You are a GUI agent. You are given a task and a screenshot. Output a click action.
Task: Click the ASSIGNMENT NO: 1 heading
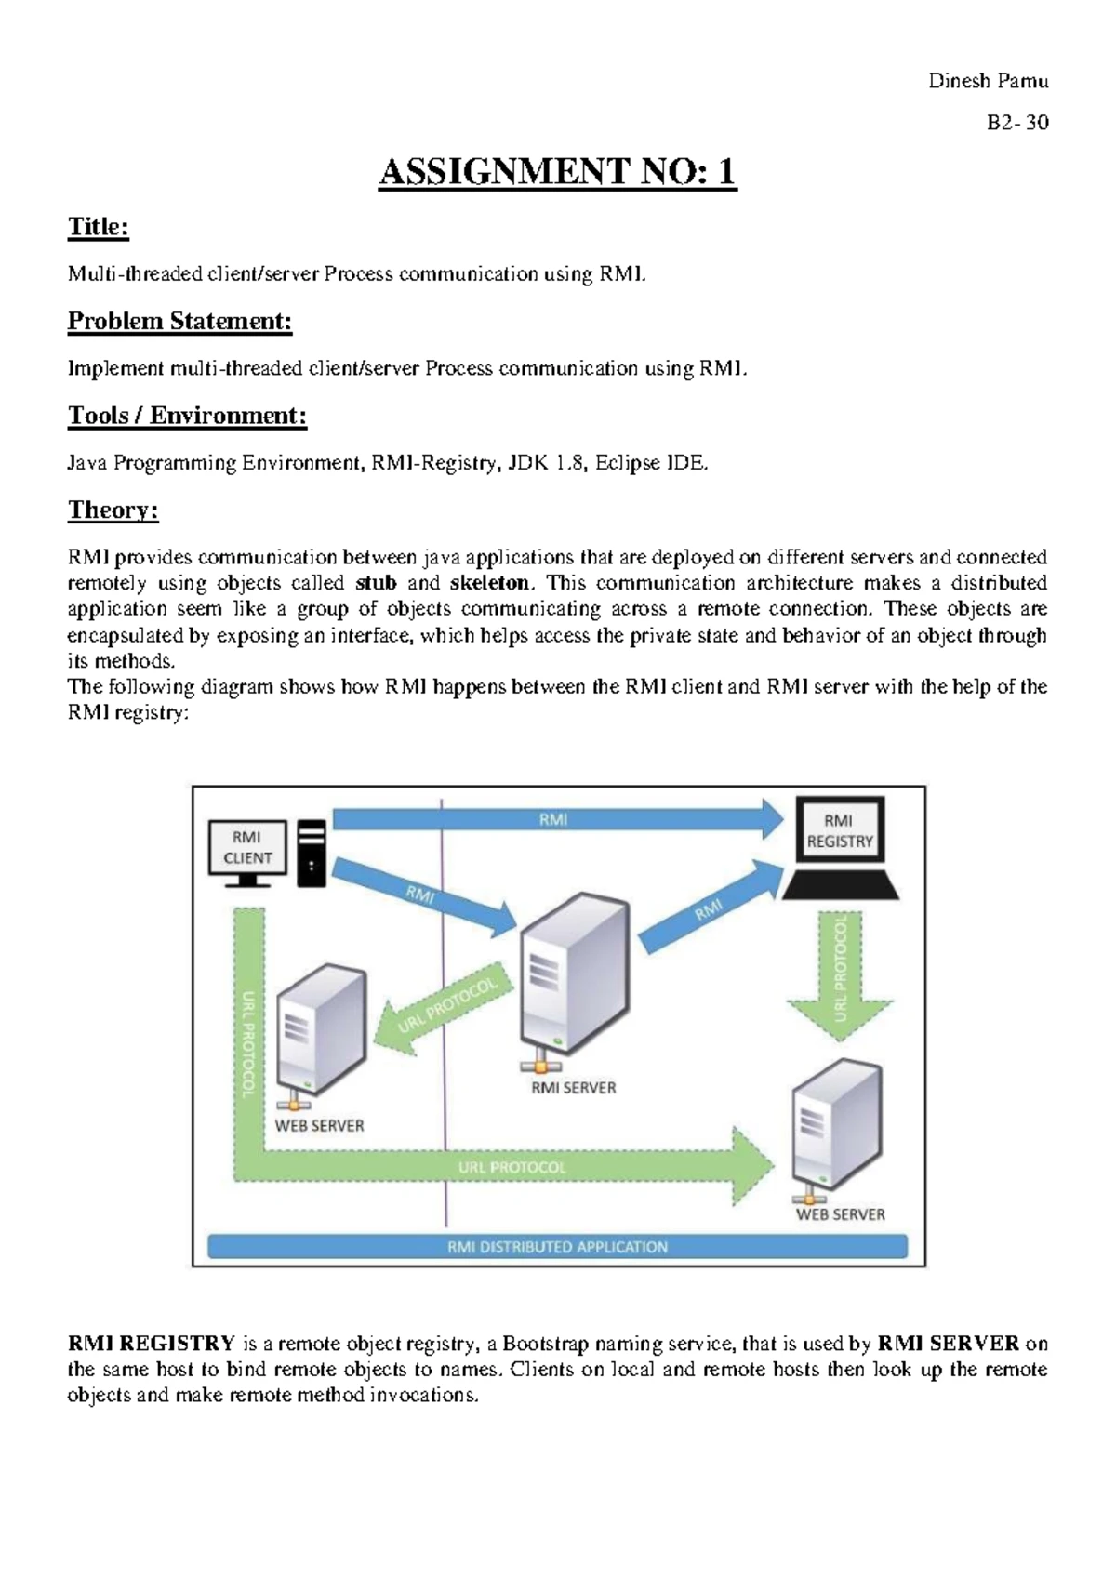coord(557,172)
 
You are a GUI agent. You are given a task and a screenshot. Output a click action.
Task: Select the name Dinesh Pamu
coord(988,81)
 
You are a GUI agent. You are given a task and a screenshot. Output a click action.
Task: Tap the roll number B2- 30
coord(1017,123)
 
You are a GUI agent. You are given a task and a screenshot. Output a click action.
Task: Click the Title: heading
coord(98,227)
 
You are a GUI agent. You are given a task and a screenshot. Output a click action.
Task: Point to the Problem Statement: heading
coord(179,321)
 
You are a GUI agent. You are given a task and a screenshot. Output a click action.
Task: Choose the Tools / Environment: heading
coord(187,415)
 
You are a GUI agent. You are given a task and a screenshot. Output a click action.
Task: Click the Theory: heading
coord(113,510)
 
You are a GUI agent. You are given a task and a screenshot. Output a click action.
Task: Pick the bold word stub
coord(376,583)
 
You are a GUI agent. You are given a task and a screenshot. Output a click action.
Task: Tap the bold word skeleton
coord(489,583)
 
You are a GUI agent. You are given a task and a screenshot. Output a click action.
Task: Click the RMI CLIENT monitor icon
coord(246,850)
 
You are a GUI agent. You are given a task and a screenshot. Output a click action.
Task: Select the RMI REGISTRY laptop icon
coord(840,846)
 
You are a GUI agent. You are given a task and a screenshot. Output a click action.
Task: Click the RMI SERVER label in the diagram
coord(573,1087)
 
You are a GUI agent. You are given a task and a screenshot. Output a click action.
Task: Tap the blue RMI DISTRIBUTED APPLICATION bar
coord(557,1246)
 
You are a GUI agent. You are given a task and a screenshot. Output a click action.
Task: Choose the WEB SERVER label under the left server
coord(319,1125)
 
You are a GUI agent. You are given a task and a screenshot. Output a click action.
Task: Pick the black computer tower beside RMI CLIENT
coord(312,853)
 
